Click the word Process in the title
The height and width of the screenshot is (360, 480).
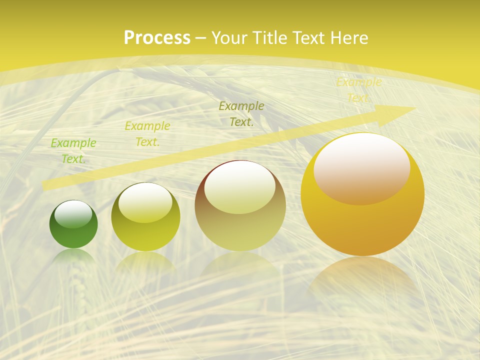tap(157, 38)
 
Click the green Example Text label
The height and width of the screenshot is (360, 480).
tap(73, 150)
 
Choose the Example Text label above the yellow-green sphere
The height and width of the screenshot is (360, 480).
tap(147, 133)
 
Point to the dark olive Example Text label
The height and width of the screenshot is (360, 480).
tap(241, 113)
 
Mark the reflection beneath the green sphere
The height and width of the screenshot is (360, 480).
tap(74, 257)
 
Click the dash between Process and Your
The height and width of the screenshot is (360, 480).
tap(201, 38)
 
